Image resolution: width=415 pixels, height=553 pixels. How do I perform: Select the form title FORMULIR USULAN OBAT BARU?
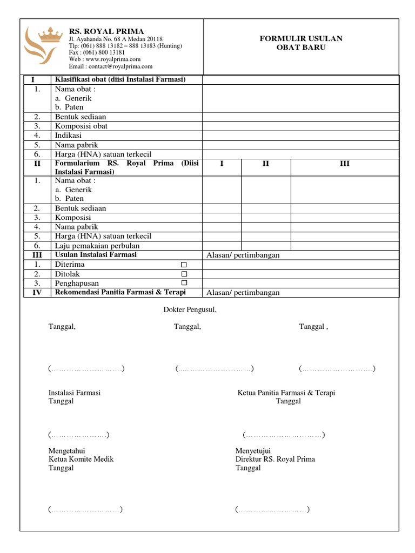click(301, 43)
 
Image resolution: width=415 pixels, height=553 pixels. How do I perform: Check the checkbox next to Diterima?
click(184, 265)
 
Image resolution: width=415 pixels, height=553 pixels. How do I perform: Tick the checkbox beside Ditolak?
click(184, 274)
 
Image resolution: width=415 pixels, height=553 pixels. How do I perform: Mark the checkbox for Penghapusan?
click(184, 282)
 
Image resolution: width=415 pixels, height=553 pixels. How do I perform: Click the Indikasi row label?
click(68, 135)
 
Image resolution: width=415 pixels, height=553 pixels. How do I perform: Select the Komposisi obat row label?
click(81, 126)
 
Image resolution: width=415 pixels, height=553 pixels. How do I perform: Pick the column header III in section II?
click(344, 164)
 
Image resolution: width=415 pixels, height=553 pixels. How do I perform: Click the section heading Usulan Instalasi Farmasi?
click(96, 254)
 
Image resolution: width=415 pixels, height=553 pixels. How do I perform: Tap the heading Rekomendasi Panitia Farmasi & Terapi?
click(120, 292)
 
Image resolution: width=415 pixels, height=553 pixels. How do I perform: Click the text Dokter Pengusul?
click(190, 309)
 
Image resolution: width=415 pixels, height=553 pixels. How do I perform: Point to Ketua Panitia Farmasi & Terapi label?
click(286, 393)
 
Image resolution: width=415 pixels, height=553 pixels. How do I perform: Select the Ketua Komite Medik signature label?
click(81, 459)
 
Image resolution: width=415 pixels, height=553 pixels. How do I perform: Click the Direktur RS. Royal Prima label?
click(275, 459)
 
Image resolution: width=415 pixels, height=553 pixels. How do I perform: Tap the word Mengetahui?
click(67, 450)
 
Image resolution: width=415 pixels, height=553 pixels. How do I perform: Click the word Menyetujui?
click(253, 450)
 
